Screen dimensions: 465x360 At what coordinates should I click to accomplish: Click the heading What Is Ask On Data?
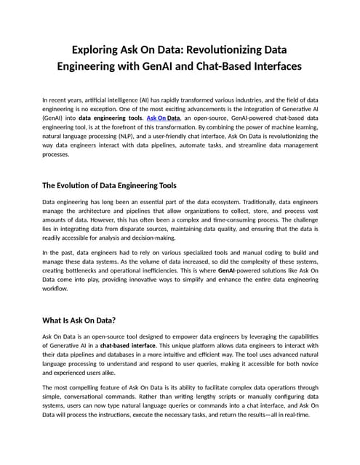tap(80, 319)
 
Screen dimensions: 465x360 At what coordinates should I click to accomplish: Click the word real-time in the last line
tap(295, 414)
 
